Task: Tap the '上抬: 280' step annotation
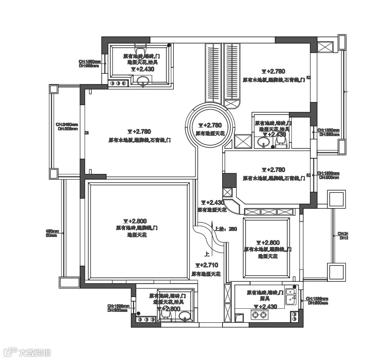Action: coord(226,228)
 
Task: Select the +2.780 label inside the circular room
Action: coord(210,125)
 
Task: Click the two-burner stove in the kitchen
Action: coord(259,315)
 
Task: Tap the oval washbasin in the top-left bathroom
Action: coord(143,81)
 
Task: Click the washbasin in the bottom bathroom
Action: coord(184,318)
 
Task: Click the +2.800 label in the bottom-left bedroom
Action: coord(135,221)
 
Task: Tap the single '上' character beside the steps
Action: coord(206,253)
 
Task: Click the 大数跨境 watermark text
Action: coord(35,352)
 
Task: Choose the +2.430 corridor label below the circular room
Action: coord(212,203)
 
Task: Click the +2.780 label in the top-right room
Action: coord(274,71)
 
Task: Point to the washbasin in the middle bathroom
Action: coord(264,143)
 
